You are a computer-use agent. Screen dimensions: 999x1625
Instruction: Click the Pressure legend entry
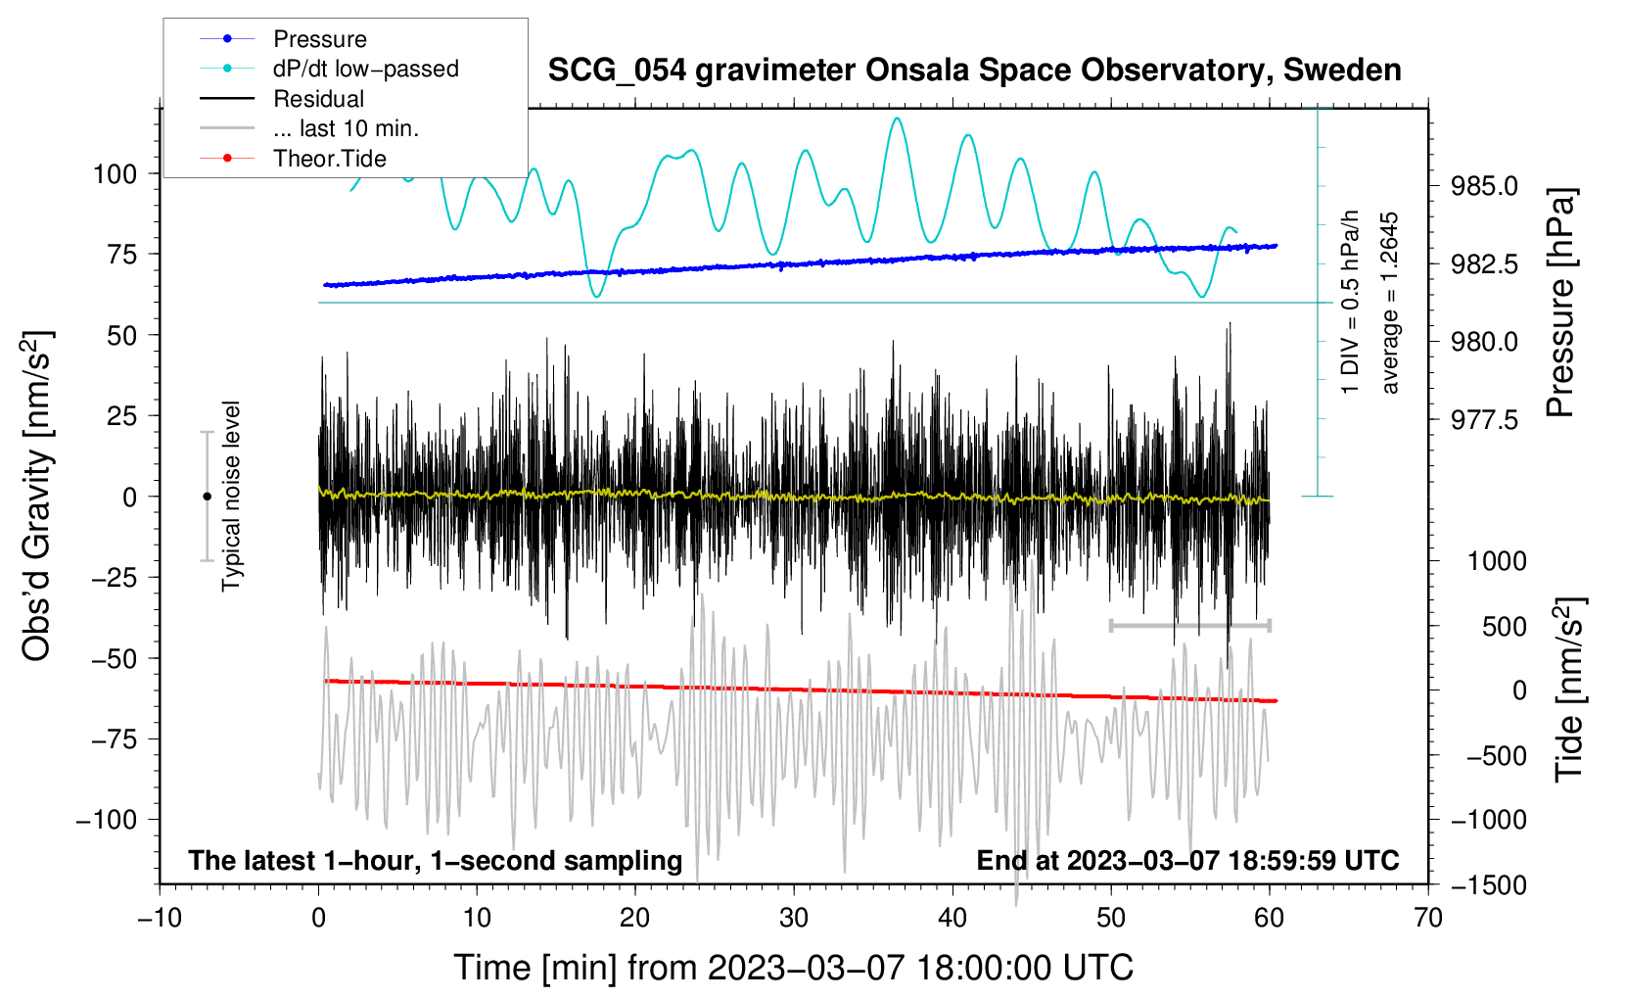pyautogui.click(x=319, y=39)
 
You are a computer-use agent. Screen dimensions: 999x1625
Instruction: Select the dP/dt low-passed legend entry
pyautogui.click(x=365, y=69)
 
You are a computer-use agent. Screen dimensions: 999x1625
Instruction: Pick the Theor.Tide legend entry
pyautogui.click(x=329, y=159)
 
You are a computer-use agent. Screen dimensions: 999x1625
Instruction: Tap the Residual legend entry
pyautogui.click(x=318, y=99)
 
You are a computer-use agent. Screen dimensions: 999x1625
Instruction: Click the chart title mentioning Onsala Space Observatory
pyautogui.click(x=974, y=71)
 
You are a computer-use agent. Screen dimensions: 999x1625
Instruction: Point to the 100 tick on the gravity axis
pyautogui.click(x=115, y=174)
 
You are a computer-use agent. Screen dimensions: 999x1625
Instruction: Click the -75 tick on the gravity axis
pyautogui.click(x=115, y=739)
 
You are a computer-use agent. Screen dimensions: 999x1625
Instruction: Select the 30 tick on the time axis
pyautogui.click(x=794, y=918)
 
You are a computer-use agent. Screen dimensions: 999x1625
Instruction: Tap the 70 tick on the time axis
pyautogui.click(x=1428, y=918)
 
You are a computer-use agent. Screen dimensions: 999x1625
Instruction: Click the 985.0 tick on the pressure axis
pyautogui.click(x=1484, y=186)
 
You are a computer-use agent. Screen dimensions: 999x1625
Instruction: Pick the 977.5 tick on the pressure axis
pyautogui.click(x=1484, y=420)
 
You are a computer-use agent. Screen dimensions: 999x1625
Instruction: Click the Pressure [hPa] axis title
pyautogui.click(x=1560, y=303)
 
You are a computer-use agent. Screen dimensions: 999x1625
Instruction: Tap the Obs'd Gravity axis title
pyautogui.click(x=37, y=497)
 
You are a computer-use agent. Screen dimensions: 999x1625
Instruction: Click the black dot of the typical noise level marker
pyautogui.click(x=207, y=497)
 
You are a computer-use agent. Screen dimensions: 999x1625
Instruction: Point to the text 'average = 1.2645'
pyautogui.click(x=1390, y=304)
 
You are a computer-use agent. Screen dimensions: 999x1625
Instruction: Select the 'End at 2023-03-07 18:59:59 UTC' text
pyautogui.click(x=1187, y=861)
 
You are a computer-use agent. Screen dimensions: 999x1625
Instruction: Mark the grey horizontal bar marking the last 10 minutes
pyautogui.click(x=1189, y=625)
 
